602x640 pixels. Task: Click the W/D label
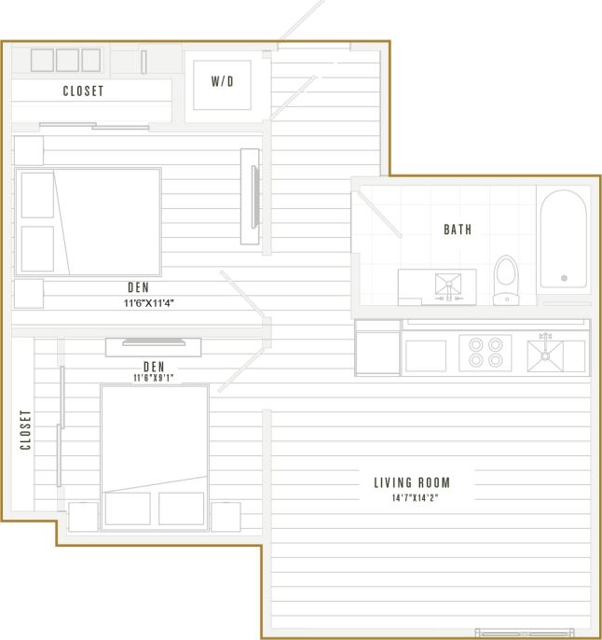click(222, 82)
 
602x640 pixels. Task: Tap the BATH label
click(458, 229)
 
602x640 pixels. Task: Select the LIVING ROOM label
click(411, 482)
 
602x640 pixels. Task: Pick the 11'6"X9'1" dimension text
click(154, 378)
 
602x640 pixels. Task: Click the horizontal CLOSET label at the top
click(83, 91)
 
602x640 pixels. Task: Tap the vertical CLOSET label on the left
click(26, 429)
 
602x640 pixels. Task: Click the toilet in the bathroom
click(506, 277)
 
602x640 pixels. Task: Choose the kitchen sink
click(545, 355)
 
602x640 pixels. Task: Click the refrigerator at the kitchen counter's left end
click(377, 348)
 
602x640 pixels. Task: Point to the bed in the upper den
click(89, 221)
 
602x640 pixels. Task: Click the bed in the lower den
click(154, 456)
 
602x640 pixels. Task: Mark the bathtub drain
click(563, 277)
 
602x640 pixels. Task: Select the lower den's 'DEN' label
click(154, 366)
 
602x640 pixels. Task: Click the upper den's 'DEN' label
click(139, 288)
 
